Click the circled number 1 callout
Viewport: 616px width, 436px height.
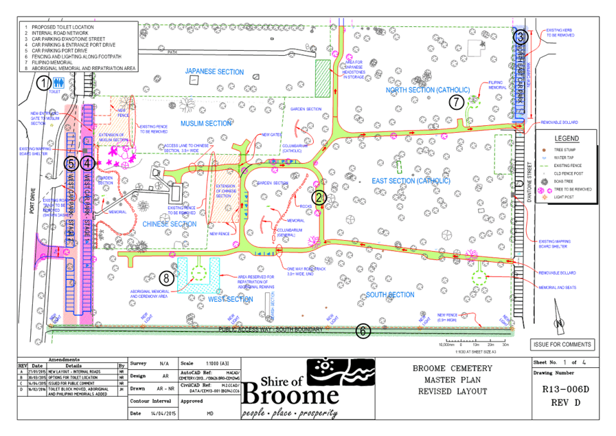[45, 84]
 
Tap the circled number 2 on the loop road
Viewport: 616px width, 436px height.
[319, 197]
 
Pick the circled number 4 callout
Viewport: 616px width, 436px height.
[87, 164]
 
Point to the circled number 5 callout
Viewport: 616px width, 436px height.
[71, 164]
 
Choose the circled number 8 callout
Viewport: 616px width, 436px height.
[166, 279]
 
